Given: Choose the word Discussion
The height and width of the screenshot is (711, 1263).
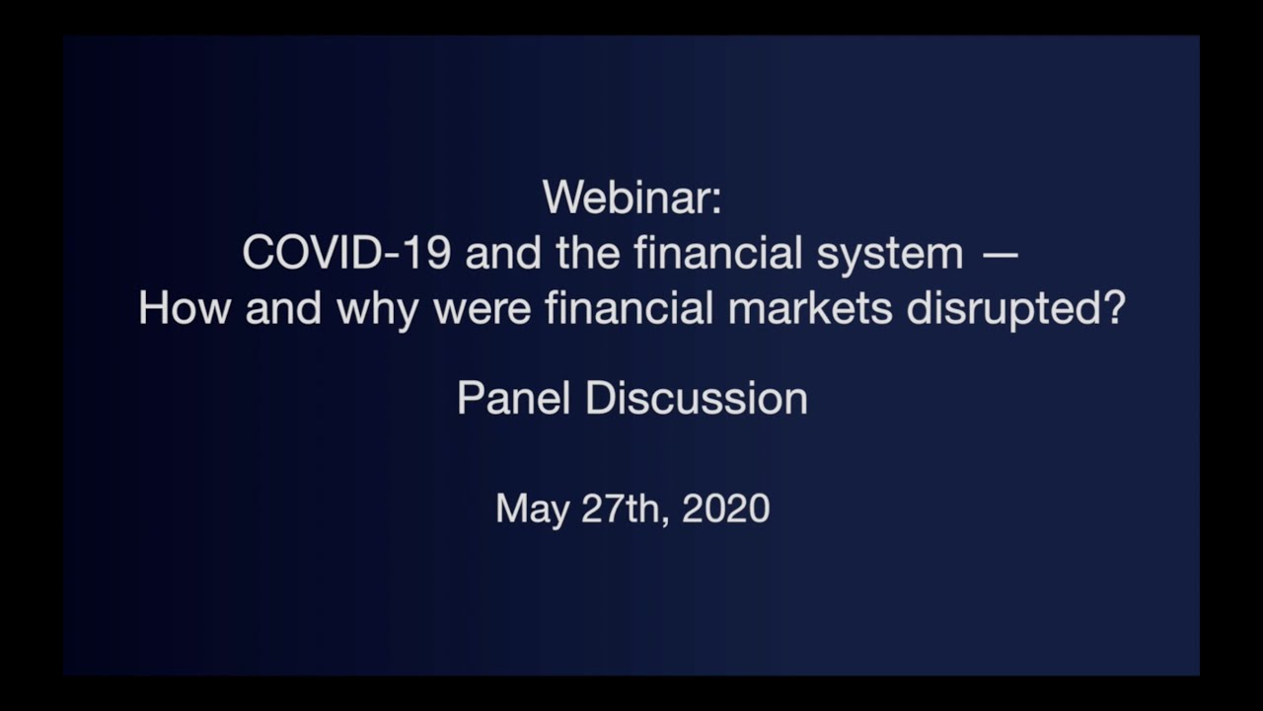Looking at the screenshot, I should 696,399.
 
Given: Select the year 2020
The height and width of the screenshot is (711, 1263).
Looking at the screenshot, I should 725,509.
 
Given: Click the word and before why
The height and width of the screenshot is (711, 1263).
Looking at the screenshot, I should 283,309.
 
